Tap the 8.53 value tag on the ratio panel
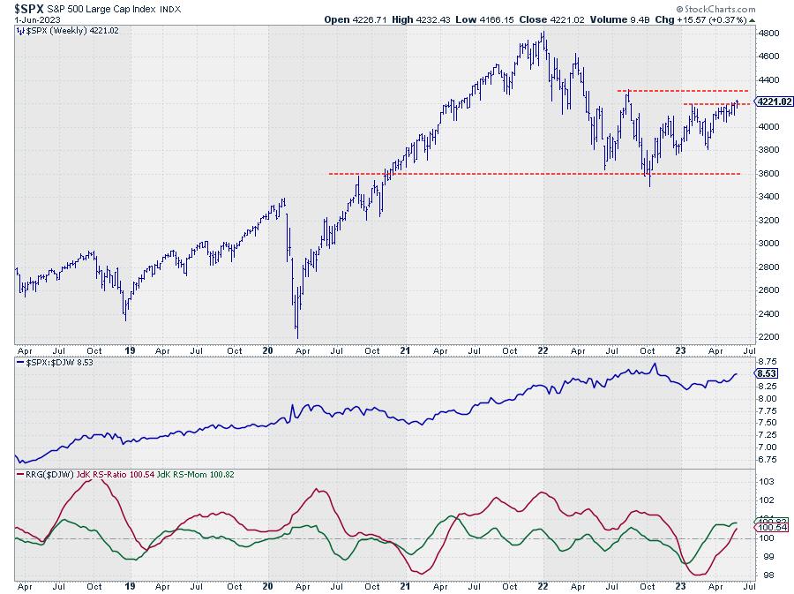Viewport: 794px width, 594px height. pos(765,374)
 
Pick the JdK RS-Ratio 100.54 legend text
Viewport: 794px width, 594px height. pos(106,475)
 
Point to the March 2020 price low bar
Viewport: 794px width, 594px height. pos(296,336)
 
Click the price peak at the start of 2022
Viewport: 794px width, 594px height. pos(543,33)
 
